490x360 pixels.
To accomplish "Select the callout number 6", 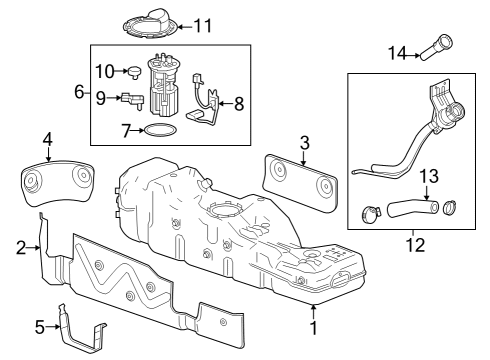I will [x=78, y=91].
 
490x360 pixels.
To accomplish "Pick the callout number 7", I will [x=126, y=131].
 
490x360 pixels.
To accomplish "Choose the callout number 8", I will [x=238, y=103].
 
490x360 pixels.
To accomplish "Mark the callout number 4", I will [x=47, y=138].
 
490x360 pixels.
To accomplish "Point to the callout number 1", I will [x=314, y=327].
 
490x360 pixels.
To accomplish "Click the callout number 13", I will [x=428, y=176].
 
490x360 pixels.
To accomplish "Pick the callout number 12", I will [x=412, y=243].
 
